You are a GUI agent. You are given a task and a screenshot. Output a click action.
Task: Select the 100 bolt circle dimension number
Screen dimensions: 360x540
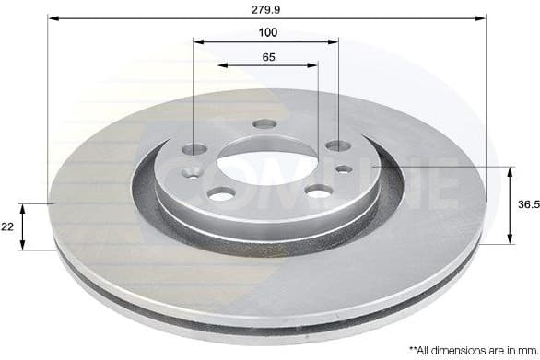(x=267, y=32)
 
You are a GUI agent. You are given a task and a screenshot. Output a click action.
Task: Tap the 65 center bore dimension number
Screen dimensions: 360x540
(x=267, y=57)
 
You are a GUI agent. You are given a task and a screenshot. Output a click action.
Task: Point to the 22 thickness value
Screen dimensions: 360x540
(x=9, y=226)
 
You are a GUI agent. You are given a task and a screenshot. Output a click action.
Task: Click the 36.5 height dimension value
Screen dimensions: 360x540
(x=526, y=206)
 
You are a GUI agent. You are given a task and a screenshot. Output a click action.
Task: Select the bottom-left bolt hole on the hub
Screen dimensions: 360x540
(x=222, y=193)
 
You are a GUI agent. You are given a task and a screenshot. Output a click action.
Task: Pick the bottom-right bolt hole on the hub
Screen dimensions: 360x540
(x=319, y=191)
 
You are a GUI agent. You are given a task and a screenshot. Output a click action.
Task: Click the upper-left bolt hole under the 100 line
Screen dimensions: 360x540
(x=194, y=148)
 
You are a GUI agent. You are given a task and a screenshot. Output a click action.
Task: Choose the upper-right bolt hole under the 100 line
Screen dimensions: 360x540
(x=337, y=145)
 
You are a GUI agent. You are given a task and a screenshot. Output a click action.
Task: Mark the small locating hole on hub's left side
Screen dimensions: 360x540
(x=192, y=172)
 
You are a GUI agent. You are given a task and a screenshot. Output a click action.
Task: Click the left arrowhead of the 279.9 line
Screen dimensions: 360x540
(x=52, y=17)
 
